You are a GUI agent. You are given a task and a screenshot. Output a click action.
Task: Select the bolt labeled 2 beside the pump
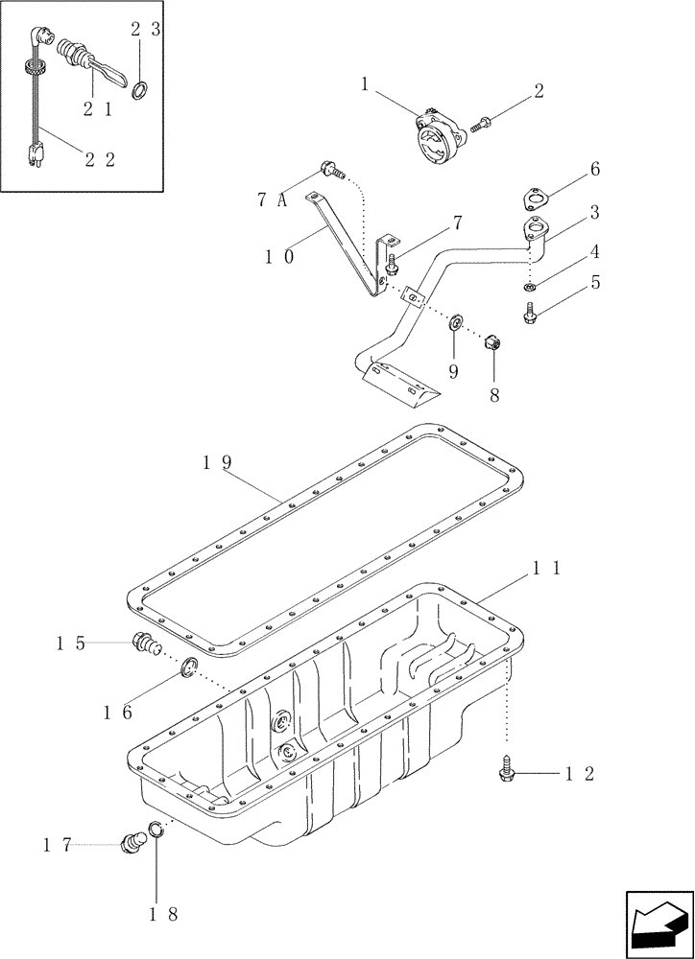pyautogui.click(x=481, y=123)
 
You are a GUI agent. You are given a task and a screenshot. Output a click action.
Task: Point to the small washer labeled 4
pyautogui.click(x=531, y=287)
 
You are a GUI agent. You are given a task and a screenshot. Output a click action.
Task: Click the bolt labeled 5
pyautogui.click(x=530, y=313)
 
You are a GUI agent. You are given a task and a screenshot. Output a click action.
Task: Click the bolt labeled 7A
pyautogui.click(x=330, y=170)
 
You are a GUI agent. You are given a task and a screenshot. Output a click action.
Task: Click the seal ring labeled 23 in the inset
pyautogui.click(x=140, y=90)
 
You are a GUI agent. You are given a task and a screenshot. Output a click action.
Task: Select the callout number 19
pyautogui.click(x=217, y=462)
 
